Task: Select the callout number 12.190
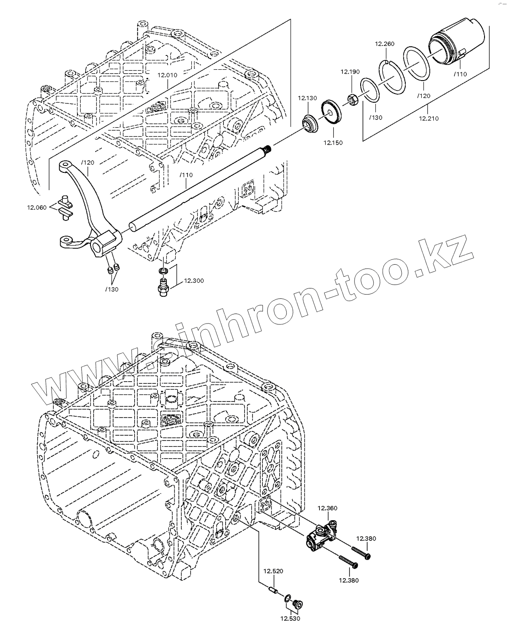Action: click(x=350, y=71)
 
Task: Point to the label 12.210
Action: click(x=429, y=118)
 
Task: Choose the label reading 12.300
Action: click(x=194, y=281)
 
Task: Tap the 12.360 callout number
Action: click(x=328, y=508)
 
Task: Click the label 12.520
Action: click(x=274, y=571)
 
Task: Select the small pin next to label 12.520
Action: click(x=273, y=590)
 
